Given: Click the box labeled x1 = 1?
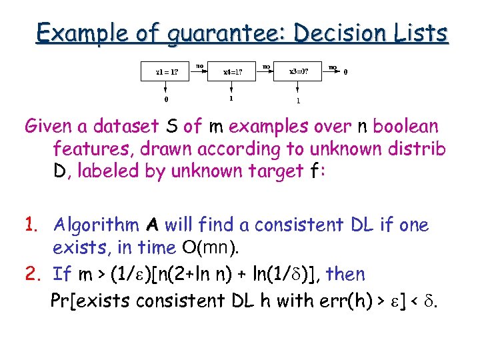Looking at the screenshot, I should point(166,71).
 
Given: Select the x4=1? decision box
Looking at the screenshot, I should point(231,71).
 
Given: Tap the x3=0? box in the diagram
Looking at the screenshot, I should point(298,71).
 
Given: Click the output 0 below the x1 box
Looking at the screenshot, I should point(166,99).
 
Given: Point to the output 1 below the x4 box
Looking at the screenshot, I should point(231,99).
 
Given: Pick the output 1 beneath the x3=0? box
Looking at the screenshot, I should point(298,101).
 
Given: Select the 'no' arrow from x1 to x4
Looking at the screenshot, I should point(199,67).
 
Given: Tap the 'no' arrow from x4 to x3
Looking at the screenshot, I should point(265,67).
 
